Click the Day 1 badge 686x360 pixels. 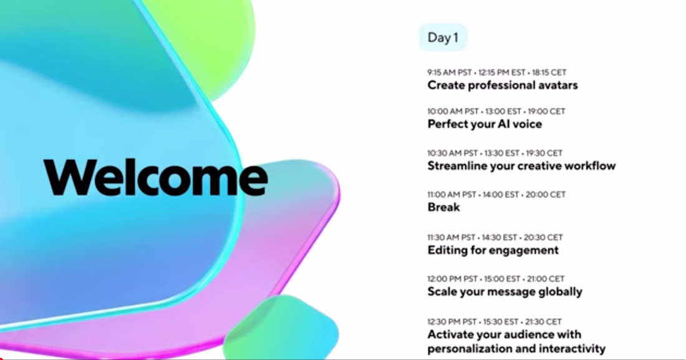point(443,37)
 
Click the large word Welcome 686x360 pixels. point(156,177)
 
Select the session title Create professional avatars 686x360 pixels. point(502,85)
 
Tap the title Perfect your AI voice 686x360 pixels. point(485,124)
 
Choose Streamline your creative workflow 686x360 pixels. point(521,165)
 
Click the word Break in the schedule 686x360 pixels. point(443,207)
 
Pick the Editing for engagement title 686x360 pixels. point(493,250)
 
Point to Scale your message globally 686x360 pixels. point(505,291)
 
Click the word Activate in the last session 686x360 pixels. point(448,334)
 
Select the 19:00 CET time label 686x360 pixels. point(546,111)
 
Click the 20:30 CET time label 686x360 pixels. point(543,237)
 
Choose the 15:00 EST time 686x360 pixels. point(501,279)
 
